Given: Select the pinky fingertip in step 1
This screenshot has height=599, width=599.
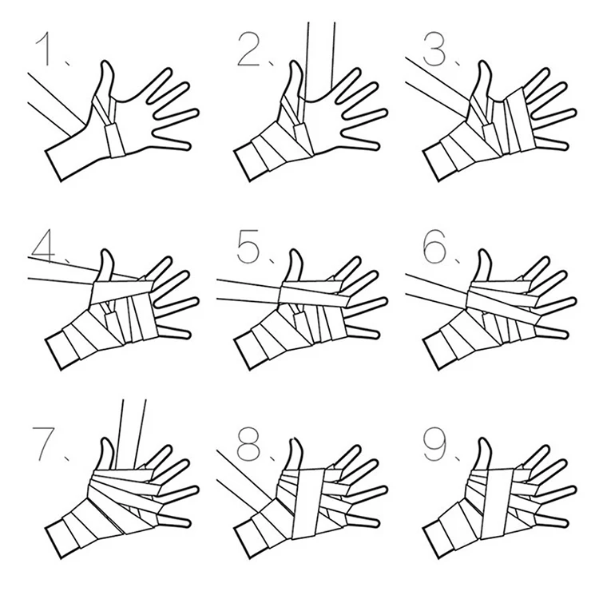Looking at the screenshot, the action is pyautogui.click(x=188, y=146).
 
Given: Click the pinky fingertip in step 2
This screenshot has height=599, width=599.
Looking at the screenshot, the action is pyautogui.click(x=376, y=146).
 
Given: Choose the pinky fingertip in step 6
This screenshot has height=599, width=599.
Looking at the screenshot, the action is pyautogui.click(x=565, y=334).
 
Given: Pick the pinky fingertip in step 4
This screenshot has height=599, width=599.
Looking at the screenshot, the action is pyautogui.click(x=187, y=334).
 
